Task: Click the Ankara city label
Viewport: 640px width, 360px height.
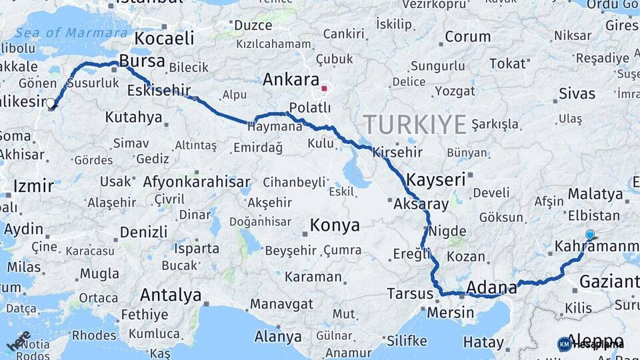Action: click(291, 80)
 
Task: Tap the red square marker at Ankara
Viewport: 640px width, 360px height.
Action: click(324, 88)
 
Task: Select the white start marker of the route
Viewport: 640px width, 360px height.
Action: click(51, 103)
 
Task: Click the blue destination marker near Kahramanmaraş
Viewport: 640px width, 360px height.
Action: click(589, 235)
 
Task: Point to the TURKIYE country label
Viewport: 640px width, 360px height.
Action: click(414, 124)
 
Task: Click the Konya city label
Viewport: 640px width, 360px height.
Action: click(335, 225)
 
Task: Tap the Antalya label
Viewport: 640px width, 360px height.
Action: click(171, 294)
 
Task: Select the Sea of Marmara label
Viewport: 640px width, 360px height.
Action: click(71, 33)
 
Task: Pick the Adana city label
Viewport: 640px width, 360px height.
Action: click(492, 287)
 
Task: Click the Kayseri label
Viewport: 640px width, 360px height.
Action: click(435, 179)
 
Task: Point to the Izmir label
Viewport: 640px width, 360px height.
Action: click(33, 186)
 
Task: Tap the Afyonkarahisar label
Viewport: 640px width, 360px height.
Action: click(197, 182)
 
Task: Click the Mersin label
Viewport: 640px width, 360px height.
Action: click(450, 311)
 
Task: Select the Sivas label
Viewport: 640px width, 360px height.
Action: click(577, 93)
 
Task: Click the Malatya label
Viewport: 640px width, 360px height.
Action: click(595, 194)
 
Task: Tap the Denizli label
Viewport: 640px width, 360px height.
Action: click(143, 232)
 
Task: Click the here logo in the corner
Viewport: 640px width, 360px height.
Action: click(19, 341)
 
